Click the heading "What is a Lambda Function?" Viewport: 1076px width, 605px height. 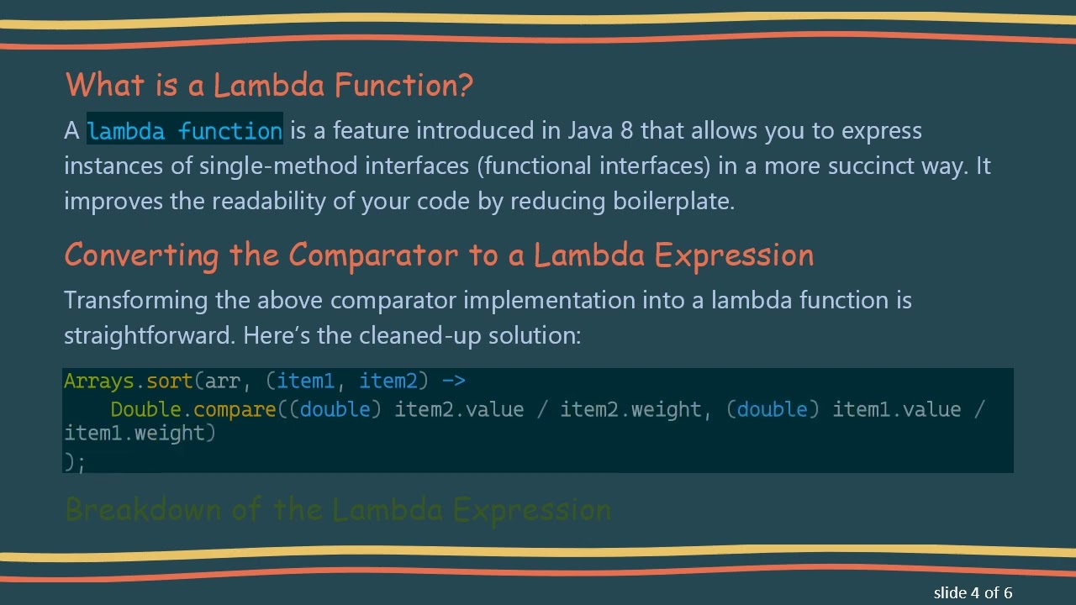coord(269,85)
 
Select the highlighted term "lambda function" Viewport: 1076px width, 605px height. coord(184,131)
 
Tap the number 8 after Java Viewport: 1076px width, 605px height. coord(626,131)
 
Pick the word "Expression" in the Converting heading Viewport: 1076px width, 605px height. coord(734,255)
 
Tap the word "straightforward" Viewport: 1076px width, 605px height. coord(150,335)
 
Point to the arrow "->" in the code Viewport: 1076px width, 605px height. coord(453,381)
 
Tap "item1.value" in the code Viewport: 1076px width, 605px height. coord(896,409)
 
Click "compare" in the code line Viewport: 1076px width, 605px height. coord(235,409)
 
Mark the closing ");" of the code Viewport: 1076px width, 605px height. coord(74,460)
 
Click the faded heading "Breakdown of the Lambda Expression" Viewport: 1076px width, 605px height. coord(338,509)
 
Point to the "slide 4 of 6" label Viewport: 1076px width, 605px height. coord(973,592)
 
